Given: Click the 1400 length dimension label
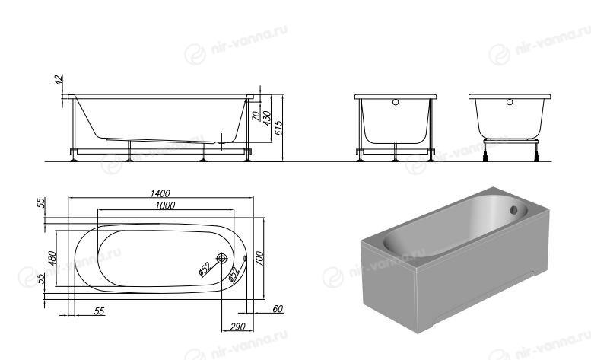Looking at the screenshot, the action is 160,193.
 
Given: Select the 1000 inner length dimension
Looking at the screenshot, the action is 165,205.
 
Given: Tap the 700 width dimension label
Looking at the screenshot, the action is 259,258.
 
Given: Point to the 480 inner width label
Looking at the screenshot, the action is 52,258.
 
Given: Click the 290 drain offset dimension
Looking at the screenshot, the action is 237,327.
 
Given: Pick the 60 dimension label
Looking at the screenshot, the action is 278,309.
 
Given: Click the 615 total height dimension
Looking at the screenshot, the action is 278,128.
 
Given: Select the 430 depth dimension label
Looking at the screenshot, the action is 267,118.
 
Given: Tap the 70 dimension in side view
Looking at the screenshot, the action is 256,116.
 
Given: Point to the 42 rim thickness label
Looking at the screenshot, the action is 59,80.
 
